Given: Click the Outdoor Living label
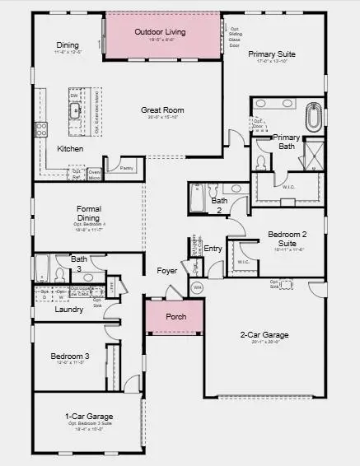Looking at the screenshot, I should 160,31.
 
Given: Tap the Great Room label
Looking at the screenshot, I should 161,110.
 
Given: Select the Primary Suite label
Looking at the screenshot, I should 271,54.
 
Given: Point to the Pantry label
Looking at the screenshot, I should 126,168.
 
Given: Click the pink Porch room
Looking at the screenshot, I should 175,317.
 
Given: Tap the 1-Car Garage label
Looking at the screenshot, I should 88,417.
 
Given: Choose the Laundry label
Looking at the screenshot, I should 69,310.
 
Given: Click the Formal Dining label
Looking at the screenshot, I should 88,212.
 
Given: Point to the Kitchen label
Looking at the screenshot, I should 70,149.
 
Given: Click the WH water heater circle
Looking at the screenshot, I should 196,288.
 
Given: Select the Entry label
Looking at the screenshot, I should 213,248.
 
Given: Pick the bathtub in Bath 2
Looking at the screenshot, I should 198,198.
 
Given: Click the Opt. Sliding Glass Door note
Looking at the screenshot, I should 236,36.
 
